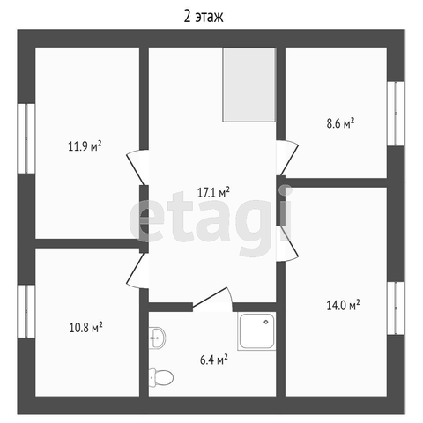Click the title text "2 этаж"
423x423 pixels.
(204, 16)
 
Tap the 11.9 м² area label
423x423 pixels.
(85, 145)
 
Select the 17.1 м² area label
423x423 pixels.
(213, 193)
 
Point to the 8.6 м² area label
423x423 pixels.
(340, 123)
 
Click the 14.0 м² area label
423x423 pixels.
(343, 305)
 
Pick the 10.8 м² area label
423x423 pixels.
(85, 327)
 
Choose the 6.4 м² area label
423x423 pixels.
(214, 360)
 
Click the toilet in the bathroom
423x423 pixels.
(161, 378)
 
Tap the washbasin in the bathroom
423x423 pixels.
(157, 338)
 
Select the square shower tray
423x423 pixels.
(256, 331)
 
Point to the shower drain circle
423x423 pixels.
(266, 323)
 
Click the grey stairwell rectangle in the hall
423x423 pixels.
(249, 85)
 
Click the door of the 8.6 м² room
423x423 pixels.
(287, 158)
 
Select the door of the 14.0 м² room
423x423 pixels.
(287, 243)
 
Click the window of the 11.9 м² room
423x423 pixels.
(26, 138)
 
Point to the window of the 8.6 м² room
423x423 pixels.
(396, 114)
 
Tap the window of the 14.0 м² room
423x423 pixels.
(396, 308)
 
